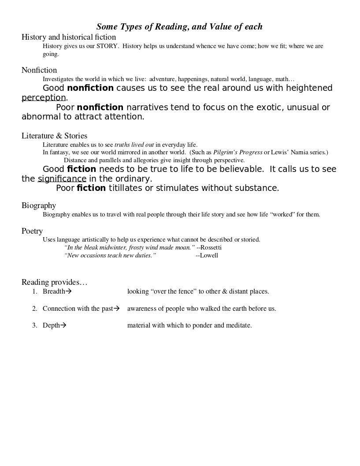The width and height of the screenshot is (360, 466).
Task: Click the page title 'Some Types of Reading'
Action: point(179,27)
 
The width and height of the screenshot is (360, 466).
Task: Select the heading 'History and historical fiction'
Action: point(69,37)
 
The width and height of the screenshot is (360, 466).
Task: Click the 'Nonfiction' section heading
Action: point(39,70)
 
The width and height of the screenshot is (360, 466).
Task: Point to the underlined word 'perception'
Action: point(44,98)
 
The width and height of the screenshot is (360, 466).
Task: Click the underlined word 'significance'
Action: point(62,179)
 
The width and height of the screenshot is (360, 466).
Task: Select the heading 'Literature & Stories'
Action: point(54,136)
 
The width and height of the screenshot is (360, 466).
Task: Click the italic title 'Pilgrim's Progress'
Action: point(238,153)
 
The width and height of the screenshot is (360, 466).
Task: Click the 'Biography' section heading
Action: point(39,205)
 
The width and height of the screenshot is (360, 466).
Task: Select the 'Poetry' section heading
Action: point(32,231)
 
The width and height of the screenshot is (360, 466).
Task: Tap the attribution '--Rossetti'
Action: point(209,248)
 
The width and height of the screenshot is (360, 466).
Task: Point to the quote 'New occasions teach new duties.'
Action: point(110,256)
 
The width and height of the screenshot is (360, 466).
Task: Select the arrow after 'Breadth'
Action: point(68,291)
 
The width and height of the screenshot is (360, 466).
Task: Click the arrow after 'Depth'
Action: point(63,326)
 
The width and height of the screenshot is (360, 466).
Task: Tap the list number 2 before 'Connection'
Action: point(34,309)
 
